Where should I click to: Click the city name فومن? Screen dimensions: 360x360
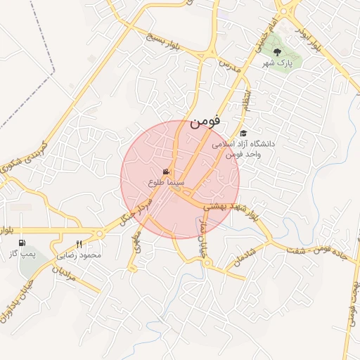pos(205,120)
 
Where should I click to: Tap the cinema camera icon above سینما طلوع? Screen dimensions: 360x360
pos(167,172)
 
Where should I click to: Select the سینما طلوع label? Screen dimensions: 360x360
pos(166,181)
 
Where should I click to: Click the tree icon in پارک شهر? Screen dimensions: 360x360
pos(276,53)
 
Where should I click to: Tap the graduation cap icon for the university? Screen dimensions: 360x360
pos(244,133)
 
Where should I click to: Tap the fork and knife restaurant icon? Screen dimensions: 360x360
pos(79,244)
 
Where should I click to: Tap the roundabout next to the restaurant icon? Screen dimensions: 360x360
pos(98,233)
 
